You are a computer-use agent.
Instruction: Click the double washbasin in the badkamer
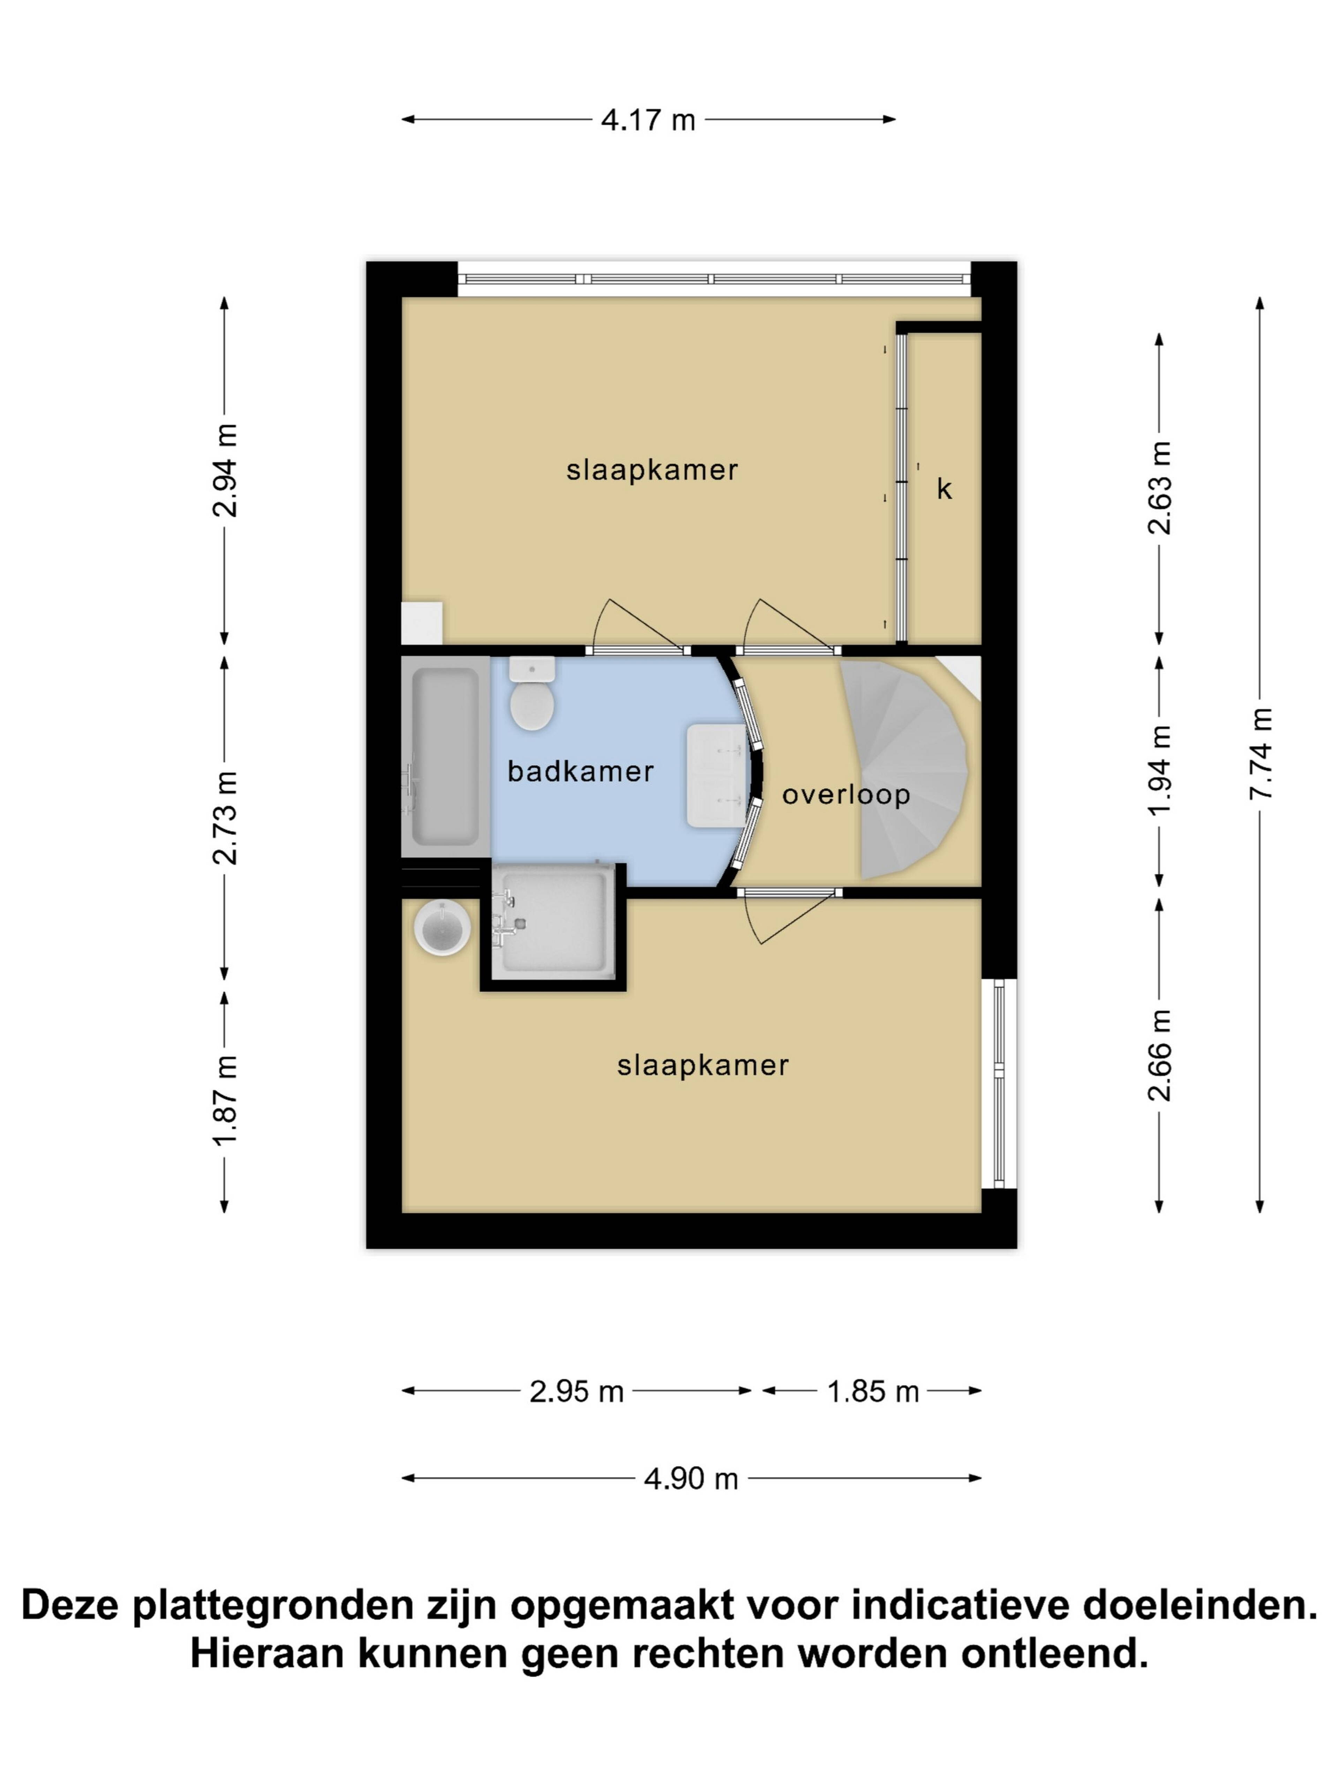717,775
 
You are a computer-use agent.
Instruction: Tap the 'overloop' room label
846,795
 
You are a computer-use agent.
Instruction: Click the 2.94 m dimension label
225,470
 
